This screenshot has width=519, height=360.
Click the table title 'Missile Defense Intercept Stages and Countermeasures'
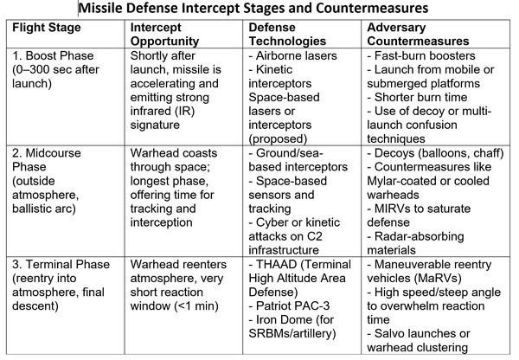pyautogui.click(x=253, y=8)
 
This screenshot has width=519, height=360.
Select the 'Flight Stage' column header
pyautogui.click(x=47, y=27)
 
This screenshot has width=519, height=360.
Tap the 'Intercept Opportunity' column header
pyautogui.click(x=164, y=34)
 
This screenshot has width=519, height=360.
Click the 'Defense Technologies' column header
pyautogui.click(x=287, y=34)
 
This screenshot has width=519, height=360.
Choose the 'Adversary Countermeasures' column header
pyautogui.click(x=418, y=34)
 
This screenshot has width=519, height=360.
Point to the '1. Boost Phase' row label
pyautogui.click(x=53, y=55)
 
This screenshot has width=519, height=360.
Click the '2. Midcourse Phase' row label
pyautogui.click(x=47, y=159)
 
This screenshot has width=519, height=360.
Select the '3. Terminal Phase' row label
pyautogui.click(x=61, y=264)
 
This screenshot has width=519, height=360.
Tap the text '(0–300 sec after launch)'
pyautogui.click(x=55, y=76)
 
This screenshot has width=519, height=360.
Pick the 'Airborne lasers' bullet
pyautogui.click(x=292, y=55)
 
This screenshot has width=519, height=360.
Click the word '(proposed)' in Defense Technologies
pyautogui.click(x=278, y=138)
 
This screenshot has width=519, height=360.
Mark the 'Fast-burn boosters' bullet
pyautogui.click(x=421, y=55)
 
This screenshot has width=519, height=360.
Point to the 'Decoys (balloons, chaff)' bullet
pyautogui.click(x=435, y=153)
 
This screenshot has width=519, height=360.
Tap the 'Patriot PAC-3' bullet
pyautogui.click(x=289, y=305)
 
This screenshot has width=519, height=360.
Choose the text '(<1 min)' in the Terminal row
pyautogui.click(x=196, y=305)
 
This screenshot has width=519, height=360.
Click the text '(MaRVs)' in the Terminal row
pyautogui.click(x=438, y=278)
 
